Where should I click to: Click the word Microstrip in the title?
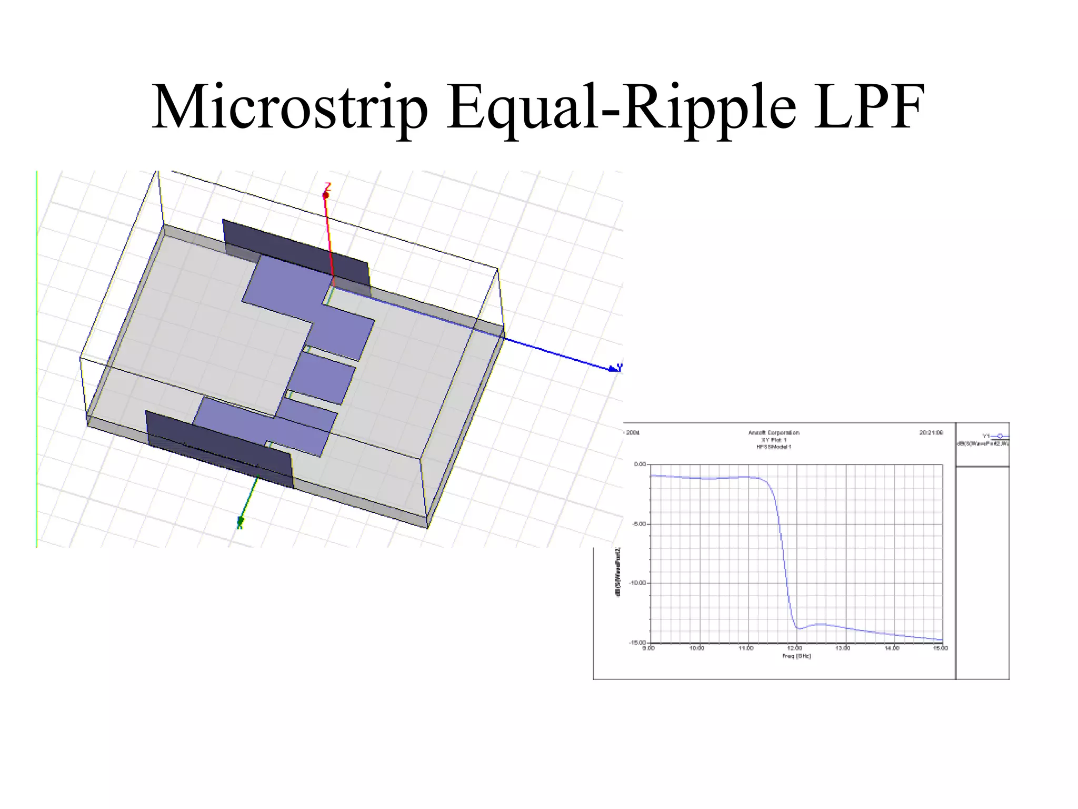(290, 108)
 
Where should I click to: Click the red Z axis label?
(327, 187)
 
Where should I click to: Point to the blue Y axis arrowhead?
(613, 369)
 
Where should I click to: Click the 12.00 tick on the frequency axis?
(795, 648)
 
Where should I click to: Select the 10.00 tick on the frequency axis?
(697, 648)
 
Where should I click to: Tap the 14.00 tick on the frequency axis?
(892, 648)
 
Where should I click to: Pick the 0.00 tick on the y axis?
(640, 465)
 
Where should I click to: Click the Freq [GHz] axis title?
(796, 656)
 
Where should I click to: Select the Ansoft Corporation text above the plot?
(774, 433)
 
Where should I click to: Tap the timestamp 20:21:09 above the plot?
(931, 433)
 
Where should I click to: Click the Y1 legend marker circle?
(1000, 436)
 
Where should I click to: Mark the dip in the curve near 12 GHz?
(799, 628)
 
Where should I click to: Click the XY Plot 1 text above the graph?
(774, 440)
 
